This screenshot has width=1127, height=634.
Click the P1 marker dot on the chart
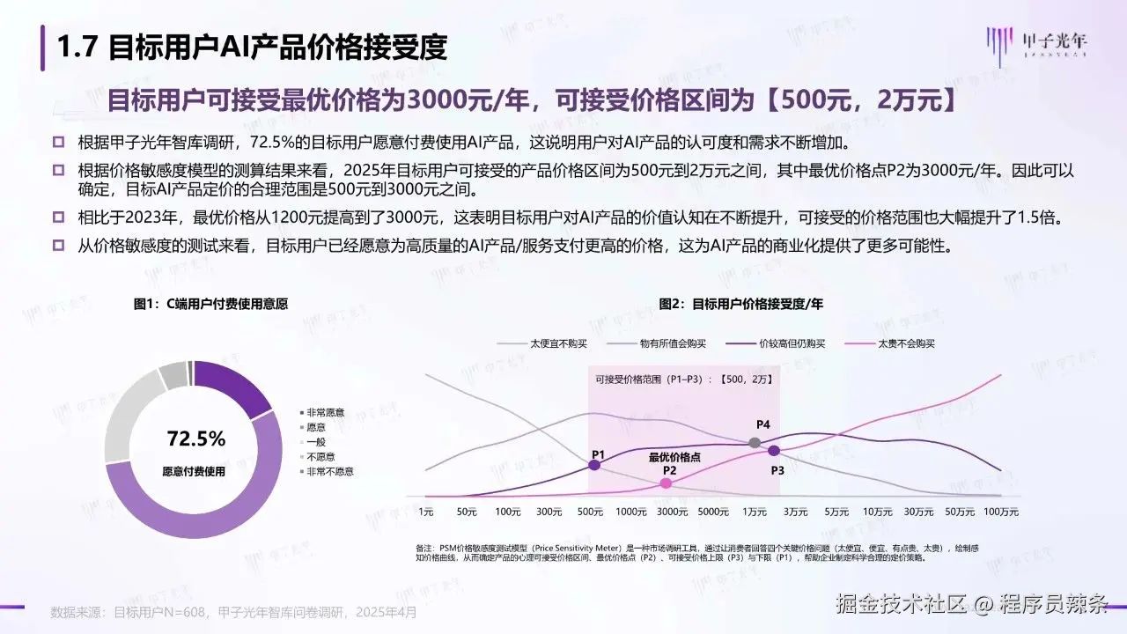coord(594,465)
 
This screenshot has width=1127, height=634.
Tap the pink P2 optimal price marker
coord(667,483)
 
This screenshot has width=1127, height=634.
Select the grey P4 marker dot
coord(755,442)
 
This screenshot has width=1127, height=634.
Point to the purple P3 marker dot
coord(774,450)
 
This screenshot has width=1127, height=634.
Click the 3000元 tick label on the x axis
coord(672,512)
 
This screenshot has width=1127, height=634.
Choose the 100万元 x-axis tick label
coord(1000,512)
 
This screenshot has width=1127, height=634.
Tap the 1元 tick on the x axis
coord(426,512)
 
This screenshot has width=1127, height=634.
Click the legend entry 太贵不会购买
coord(907,343)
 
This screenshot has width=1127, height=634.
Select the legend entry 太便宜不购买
coord(558,343)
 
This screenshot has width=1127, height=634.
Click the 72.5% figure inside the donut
coord(195,439)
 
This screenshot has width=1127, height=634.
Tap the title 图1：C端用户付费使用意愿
coord(211,304)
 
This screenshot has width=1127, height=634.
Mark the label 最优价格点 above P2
coord(675,457)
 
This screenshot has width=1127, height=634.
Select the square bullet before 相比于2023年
coord(59,217)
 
